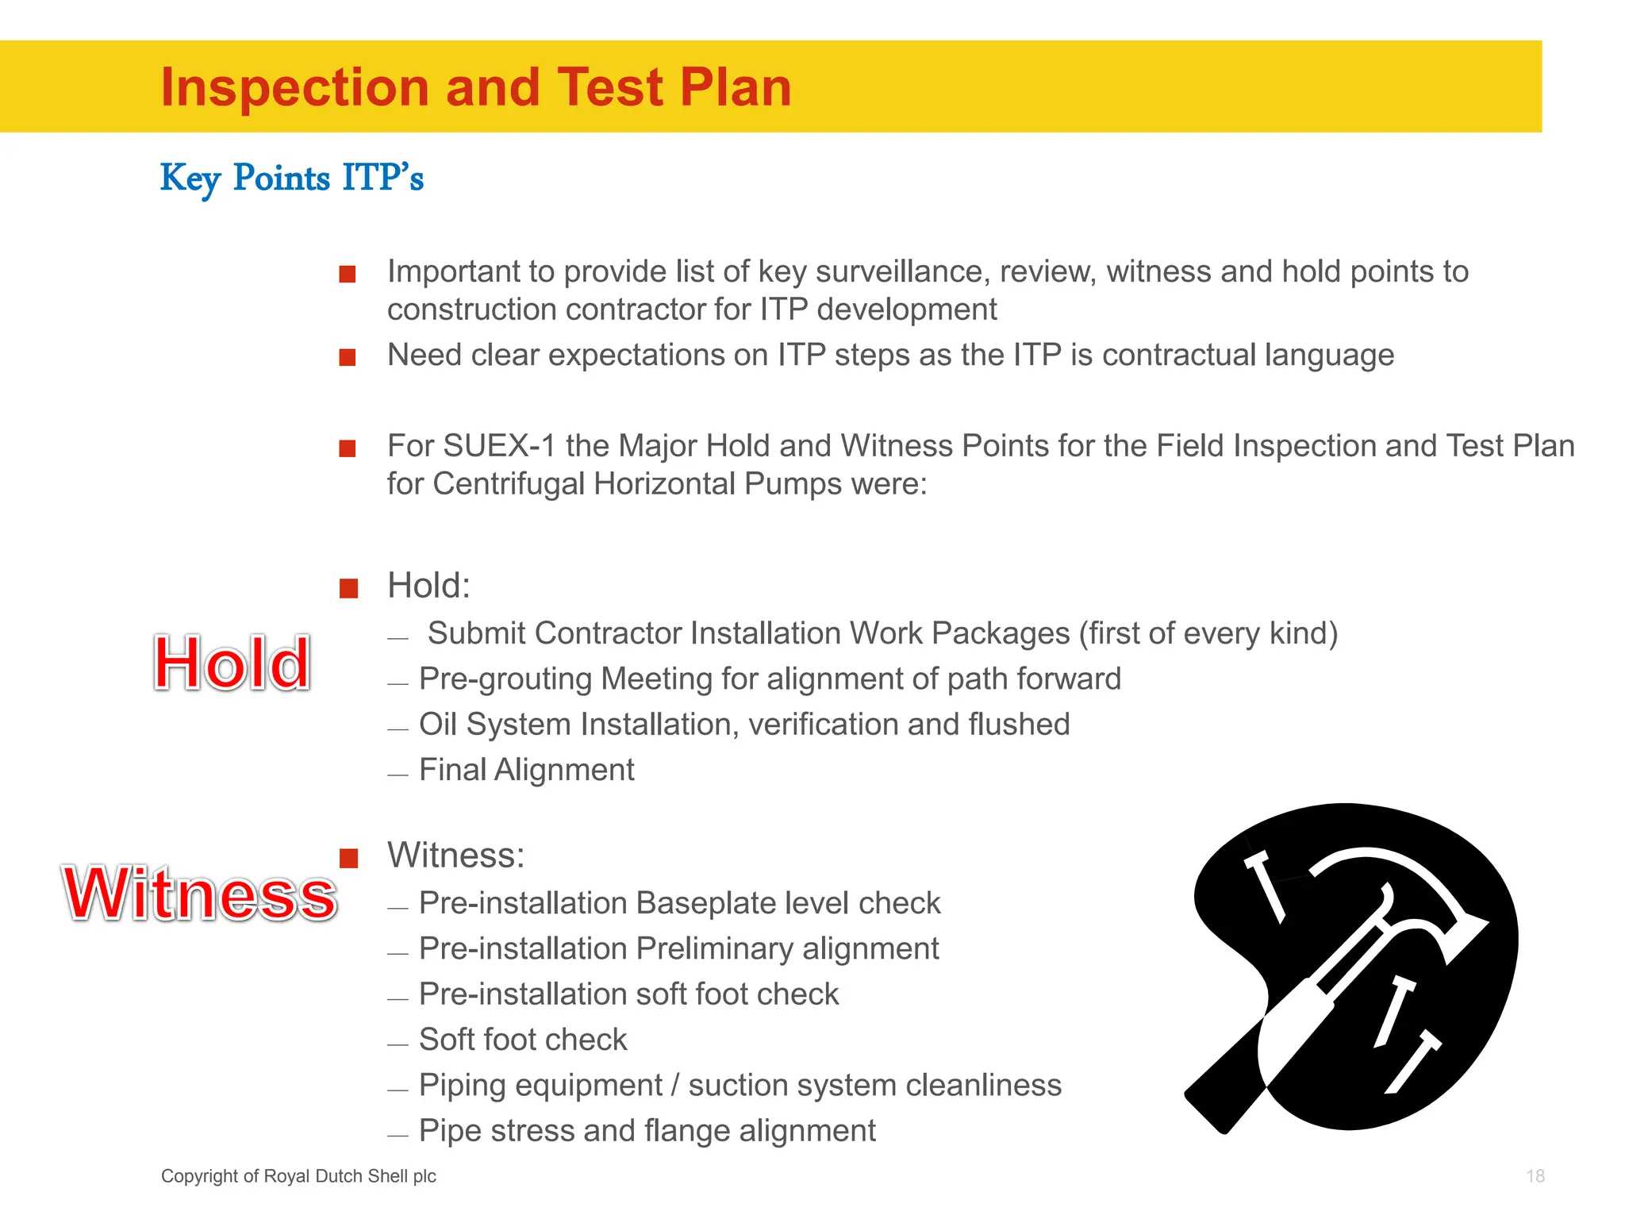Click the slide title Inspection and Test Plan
[476, 87]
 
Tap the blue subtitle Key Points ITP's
[292, 178]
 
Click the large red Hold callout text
[232, 663]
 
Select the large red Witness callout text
[200, 894]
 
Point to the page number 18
[1535, 1176]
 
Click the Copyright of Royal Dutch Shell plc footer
[298, 1176]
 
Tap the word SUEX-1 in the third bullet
[499, 446]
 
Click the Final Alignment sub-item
[526, 770]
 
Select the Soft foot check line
[523, 1040]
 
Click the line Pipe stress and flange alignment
[647, 1131]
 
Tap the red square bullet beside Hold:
[348, 588]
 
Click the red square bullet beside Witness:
[348, 858]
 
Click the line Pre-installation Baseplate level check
[679, 903]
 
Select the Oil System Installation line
[743, 725]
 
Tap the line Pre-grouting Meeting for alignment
[770, 679]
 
